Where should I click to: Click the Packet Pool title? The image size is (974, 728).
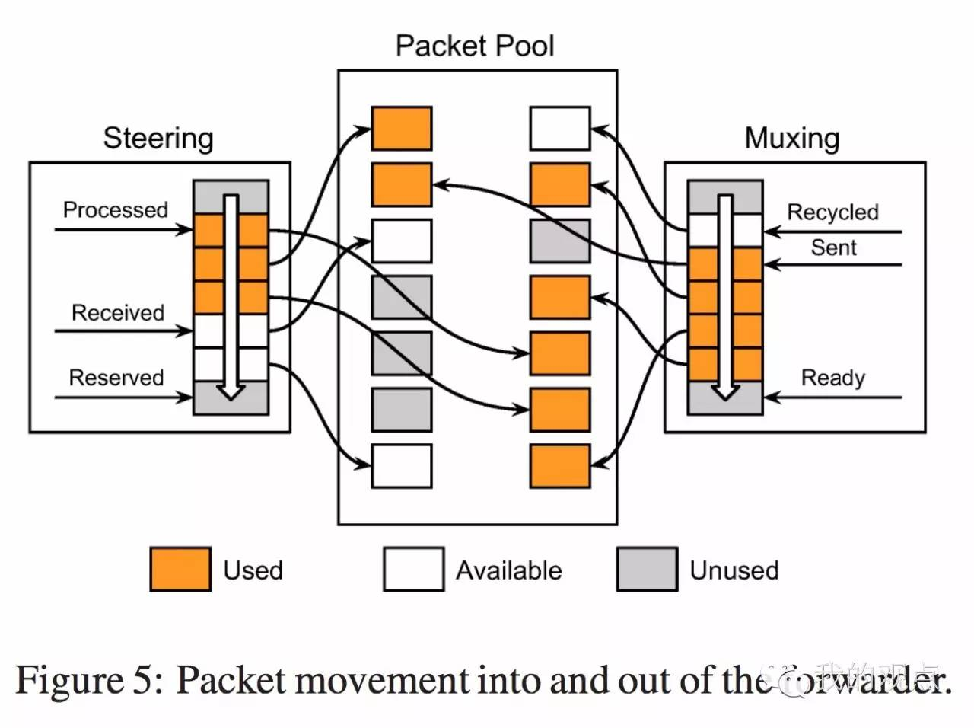click(x=475, y=46)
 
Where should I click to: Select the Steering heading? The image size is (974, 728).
click(x=158, y=139)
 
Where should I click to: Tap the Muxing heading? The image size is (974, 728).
click(x=791, y=139)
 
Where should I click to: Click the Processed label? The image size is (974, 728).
click(x=115, y=209)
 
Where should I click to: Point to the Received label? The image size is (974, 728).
click(x=117, y=312)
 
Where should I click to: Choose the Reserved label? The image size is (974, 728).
click(x=116, y=378)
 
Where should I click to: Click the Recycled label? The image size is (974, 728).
click(x=832, y=212)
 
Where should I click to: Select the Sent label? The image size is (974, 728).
click(x=833, y=247)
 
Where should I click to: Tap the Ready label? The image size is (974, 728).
click(x=832, y=378)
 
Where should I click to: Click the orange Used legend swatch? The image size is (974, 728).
click(x=180, y=569)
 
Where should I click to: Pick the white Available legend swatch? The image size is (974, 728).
click(x=413, y=569)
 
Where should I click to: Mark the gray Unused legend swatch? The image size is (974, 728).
click(x=647, y=569)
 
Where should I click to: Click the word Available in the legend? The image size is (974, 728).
click(x=508, y=570)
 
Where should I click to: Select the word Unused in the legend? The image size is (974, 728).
click(x=734, y=570)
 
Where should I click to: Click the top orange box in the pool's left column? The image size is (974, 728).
click(x=402, y=128)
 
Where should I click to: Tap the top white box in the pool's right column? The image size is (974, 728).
click(x=560, y=128)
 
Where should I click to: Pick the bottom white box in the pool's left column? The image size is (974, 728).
click(x=402, y=466)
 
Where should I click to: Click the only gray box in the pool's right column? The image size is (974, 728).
click(x=560, y=241)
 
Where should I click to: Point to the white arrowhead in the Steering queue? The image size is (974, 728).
click(x=231, y=391)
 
